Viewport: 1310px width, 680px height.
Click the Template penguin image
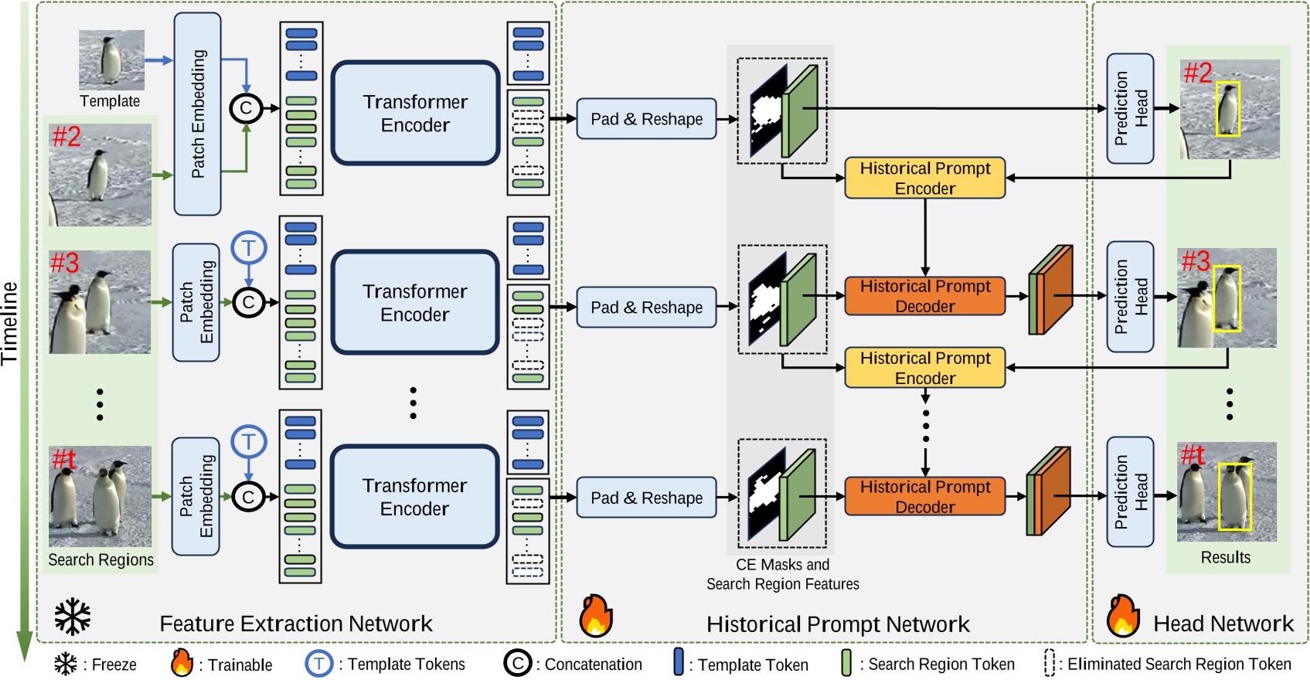coord(111,60)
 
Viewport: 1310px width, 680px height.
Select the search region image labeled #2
coord(100,175)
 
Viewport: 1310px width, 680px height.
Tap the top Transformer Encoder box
coord(416,113)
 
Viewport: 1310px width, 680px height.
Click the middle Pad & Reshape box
coord(647,307)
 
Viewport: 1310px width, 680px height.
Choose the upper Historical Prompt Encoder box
coord(924,178)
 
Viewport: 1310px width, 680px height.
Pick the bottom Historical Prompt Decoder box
coord(924,496)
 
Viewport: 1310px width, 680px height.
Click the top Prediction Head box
coord(1130,108)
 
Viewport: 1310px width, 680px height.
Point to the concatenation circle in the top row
coord(246,108)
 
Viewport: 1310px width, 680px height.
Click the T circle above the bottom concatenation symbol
coord(249,442)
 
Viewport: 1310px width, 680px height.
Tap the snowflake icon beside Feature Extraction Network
coord(73,617)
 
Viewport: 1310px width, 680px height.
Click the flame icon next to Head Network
coord(1123,616)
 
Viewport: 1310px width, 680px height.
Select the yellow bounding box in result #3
coord(1227,298)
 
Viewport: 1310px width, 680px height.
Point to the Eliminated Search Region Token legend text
coord(1179,664)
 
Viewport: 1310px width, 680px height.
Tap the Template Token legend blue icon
coord(679,663)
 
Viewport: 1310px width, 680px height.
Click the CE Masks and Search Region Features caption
coord(782,574)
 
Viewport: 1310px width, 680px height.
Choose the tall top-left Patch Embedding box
coord(198,114)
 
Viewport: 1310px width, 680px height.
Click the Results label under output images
coord(1225,557)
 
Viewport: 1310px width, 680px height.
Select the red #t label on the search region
coord(63,459)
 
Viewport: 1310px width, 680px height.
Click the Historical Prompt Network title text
coord(838,624)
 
